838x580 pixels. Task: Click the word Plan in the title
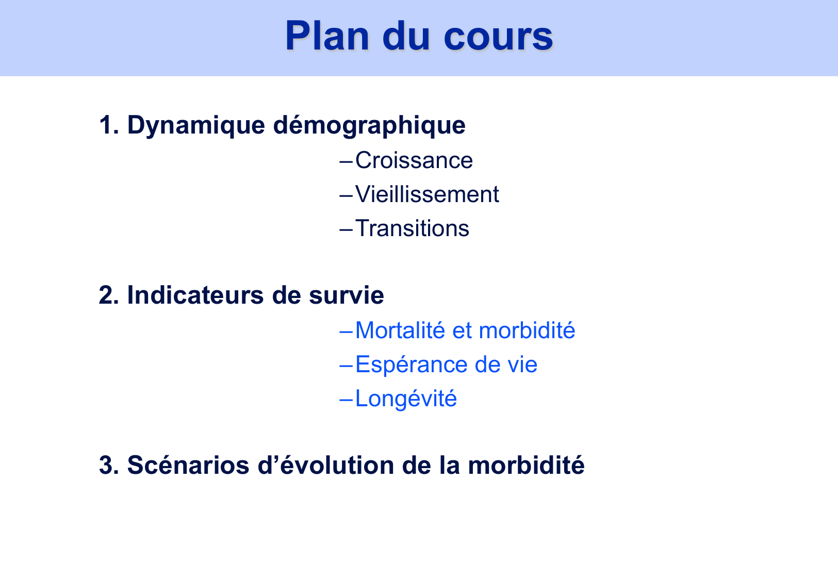pos(327,36)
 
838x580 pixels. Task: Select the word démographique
pos(369,125)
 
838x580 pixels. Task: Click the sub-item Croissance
pos(414,160)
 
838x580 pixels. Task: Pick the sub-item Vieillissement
pos(427,194)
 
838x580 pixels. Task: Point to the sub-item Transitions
pos(412,228)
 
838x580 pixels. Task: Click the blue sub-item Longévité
pos(406,399)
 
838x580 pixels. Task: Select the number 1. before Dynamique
pos(108,125)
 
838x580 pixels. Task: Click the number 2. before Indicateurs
pos(108,295)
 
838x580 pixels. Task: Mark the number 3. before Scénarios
pos(108,466)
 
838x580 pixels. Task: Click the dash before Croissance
pos(346,161)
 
